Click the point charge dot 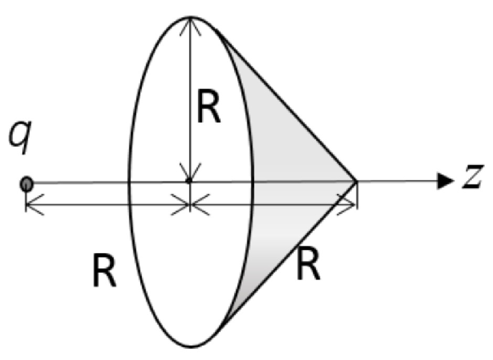click(x=26, y=184)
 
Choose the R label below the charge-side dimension click(x=104, y=272)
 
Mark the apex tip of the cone click(x=357, y=181)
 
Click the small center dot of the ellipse click(x=189, y=181)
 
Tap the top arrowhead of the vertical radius click(x=190, y=24)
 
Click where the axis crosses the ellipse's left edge click(x=129, y=182)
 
